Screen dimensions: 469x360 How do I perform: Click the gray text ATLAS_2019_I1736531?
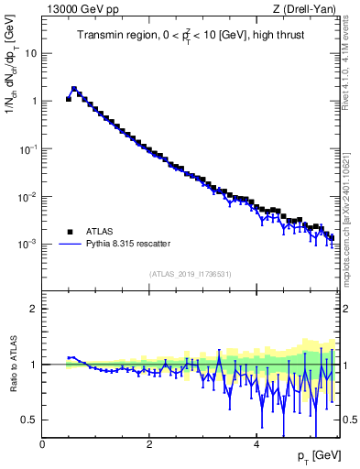click(190, 274)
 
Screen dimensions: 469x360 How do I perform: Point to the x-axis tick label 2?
click(149, 443)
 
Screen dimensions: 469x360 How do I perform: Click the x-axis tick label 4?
click(256, 443)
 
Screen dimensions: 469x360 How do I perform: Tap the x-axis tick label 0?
click(43, 443)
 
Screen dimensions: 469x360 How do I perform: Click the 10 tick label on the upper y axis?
click(30, 53)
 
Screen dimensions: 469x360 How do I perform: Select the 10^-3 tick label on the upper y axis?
click(27, 245)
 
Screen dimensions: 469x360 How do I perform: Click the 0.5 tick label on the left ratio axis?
click(27, 420)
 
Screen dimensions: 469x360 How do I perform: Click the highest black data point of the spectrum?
click(74, 90)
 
